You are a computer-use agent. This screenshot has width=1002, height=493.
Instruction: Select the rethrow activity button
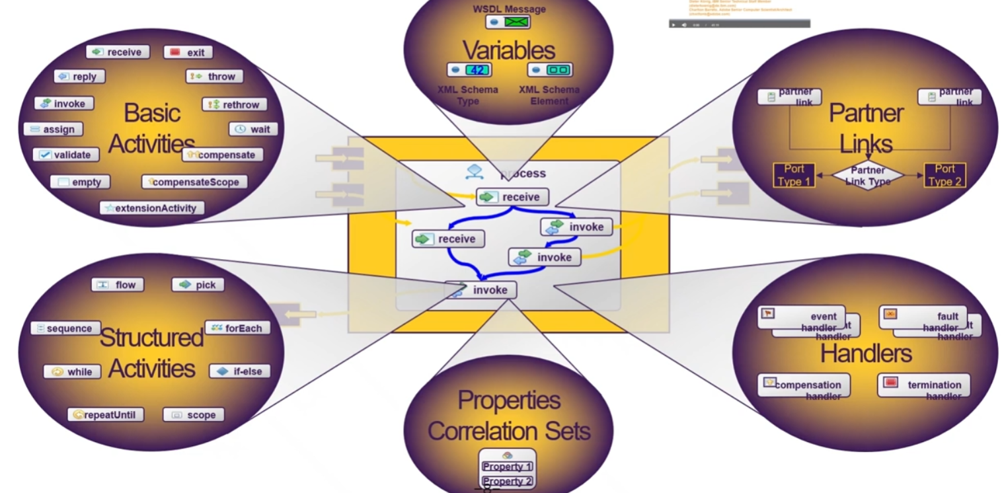coord(234,104)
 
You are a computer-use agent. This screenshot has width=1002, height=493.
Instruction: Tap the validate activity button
coord(66,155)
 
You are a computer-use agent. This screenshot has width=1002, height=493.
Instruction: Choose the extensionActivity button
coord(152,208)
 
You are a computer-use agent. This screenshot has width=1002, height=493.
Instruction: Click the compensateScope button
coord(194,182)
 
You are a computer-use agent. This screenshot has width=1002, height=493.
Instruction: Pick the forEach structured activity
coord(237,328)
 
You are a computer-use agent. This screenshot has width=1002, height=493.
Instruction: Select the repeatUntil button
coord(106,415)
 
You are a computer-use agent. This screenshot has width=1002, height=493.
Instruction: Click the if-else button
coord(240,371)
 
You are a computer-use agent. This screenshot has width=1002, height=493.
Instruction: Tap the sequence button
coord(65,328)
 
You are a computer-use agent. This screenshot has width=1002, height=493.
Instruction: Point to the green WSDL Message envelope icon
coord(516,22)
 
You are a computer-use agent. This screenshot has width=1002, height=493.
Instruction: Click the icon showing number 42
coord(478,70)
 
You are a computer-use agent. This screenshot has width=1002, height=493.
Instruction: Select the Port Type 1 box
coord(794,176)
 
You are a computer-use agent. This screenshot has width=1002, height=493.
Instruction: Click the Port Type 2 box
coord(945,176)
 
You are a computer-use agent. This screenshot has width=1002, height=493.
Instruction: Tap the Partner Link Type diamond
coord(868,176)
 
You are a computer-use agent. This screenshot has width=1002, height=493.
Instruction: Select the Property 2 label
coord(507,481)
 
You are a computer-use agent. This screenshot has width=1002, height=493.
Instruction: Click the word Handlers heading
coord(866,354)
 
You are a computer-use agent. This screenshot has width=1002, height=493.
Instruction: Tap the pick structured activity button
coord(198,285)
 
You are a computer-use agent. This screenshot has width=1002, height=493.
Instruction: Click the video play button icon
coord(674,24)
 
